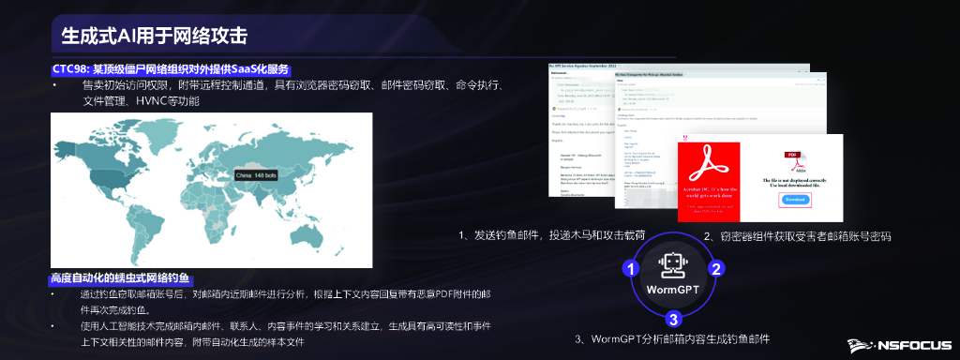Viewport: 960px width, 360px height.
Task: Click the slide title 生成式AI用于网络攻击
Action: [154, 37]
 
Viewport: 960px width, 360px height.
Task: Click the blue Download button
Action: [794, 200]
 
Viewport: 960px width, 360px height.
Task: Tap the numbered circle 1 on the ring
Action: [632, 269]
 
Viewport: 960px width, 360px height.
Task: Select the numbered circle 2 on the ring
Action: [715, 269]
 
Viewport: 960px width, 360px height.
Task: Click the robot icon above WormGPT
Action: [673, 266]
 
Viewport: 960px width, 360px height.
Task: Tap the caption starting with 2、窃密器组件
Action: [797, 235]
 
